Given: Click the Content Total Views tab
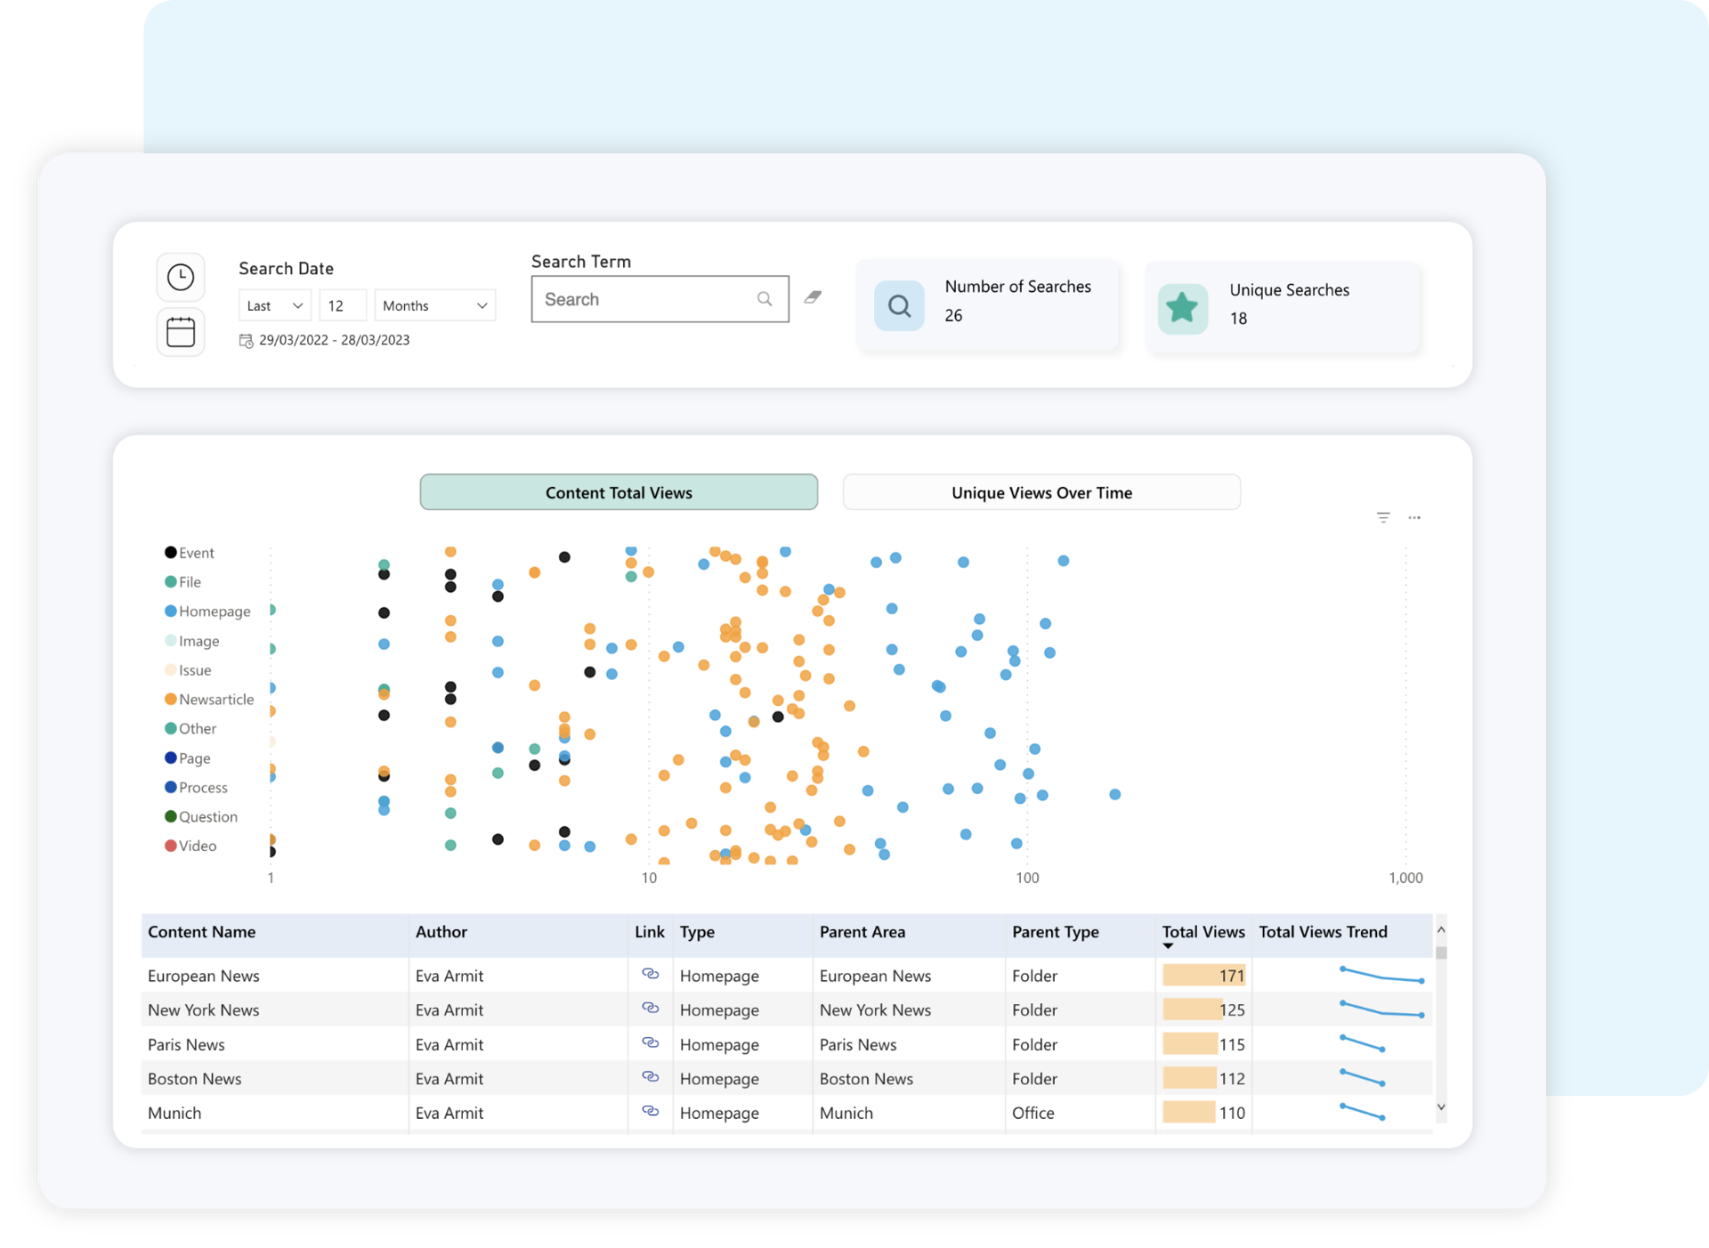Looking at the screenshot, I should click(619, 492).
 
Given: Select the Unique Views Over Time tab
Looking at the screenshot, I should click(1041, 492).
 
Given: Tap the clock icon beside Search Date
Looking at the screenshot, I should click(181, 277).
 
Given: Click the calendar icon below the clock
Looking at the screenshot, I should click(181, 332).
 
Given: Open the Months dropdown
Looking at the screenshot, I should click(434, 305).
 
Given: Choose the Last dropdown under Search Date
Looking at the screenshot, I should click(274, 305).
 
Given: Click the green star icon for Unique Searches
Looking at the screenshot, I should click(1182, 308).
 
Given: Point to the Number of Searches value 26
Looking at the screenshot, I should click(953, 316).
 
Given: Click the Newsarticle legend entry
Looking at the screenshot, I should click(215, 700).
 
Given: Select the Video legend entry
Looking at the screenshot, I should click(197, 846).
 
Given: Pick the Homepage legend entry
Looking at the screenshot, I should click(214, 612).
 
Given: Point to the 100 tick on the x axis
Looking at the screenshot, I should click(1027, 878).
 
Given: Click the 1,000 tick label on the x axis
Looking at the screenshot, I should click(1405, 878).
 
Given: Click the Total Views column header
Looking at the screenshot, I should click(1203, 932).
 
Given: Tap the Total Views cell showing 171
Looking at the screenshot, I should click(1203, 976).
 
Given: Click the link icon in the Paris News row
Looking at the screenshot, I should click(651, 1043).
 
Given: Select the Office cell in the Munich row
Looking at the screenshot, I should click(1033, 1113).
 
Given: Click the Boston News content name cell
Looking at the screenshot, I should click(195, 1079).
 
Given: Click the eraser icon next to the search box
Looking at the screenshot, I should click(813, 297).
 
